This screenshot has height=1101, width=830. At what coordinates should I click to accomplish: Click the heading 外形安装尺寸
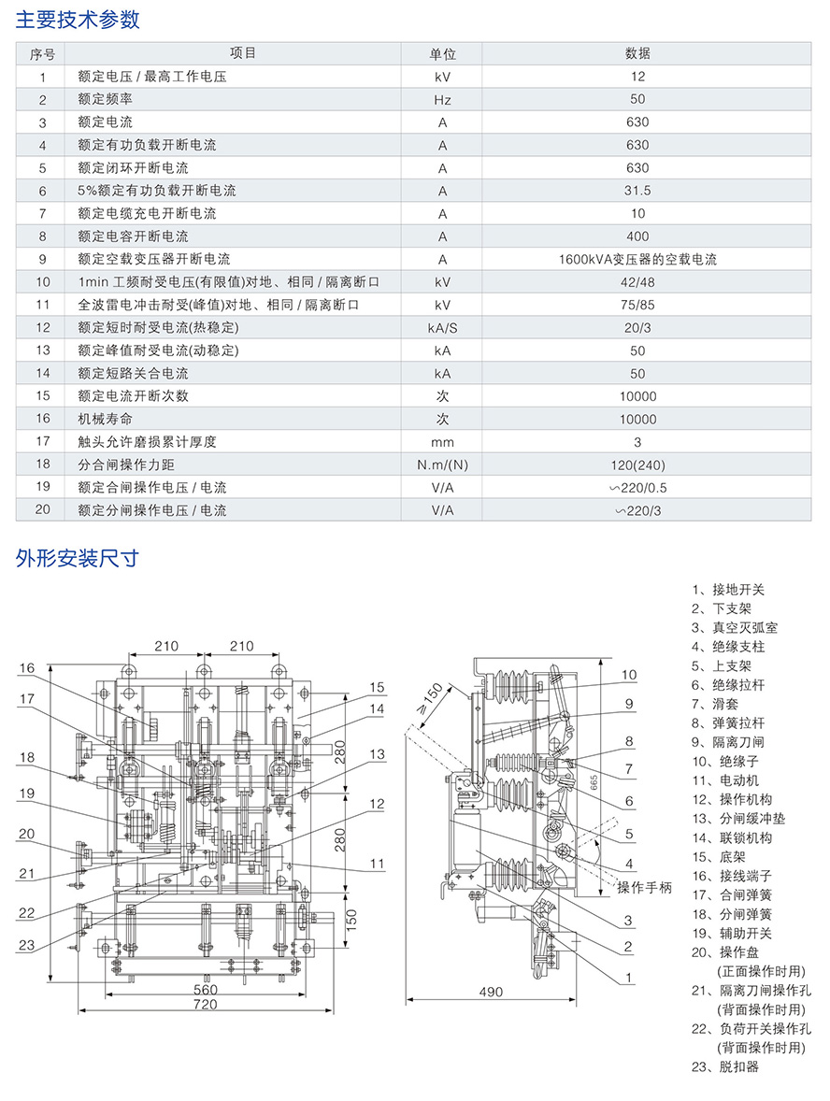(78, 559)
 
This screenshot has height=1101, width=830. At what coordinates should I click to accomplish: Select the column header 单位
(442, 53)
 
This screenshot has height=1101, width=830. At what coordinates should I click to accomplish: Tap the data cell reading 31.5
(637, 191)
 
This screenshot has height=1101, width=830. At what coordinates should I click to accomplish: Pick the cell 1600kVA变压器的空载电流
(637, 259)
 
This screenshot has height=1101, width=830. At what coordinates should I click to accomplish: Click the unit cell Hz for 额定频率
(442, 99)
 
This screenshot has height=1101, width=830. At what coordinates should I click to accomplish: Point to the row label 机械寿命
(106, 419)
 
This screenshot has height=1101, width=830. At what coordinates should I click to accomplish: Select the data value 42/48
(637, 281)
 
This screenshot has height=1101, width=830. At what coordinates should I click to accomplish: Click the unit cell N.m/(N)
(442, 465)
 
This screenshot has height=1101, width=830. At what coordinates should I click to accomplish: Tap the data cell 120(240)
(637, 465)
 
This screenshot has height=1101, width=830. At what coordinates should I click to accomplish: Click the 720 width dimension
(205, 1005)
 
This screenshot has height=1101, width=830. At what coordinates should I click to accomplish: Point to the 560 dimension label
(205, 990)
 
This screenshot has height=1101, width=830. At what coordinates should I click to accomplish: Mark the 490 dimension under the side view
(491, 992)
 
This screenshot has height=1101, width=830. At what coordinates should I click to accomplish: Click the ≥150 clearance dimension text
(432, 697)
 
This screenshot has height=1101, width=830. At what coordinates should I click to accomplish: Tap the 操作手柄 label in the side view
(644, 888)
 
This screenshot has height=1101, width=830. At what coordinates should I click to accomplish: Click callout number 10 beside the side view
(629, 675)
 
